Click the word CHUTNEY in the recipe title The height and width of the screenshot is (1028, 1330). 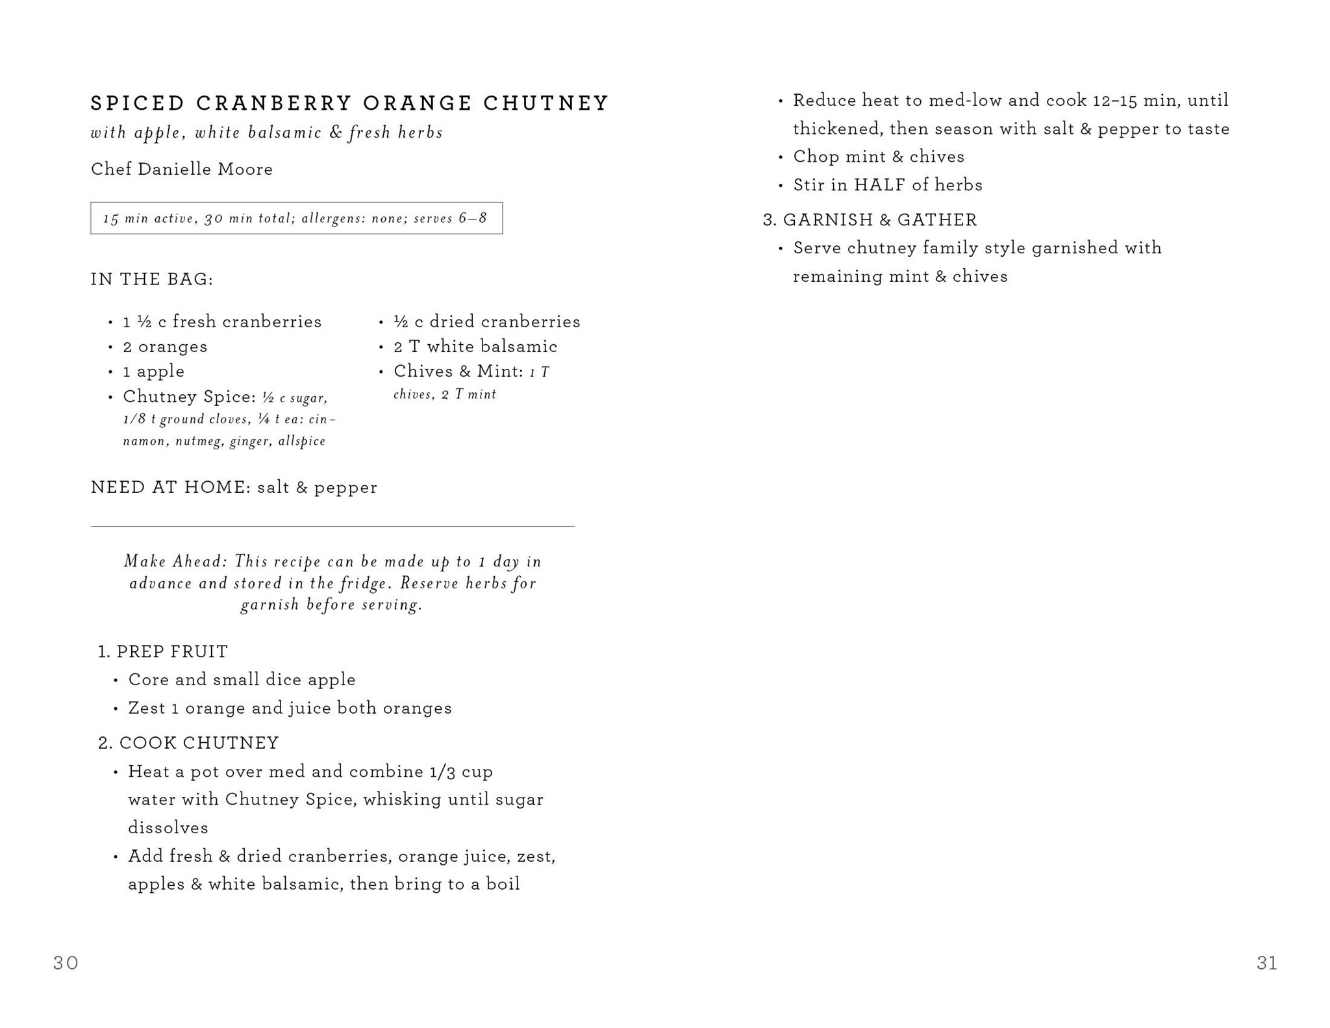(546, 103)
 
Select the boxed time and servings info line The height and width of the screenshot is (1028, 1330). (296, 218)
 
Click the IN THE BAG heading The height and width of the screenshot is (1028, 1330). (152, 279)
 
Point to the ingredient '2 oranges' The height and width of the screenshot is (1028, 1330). (165, 347)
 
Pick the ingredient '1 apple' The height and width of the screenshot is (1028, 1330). (153, 371)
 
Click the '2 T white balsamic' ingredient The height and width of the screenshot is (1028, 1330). (475, 347)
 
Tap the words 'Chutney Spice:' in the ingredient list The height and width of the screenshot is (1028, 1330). (189, 397)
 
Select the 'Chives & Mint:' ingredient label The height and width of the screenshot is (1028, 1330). (458, 371)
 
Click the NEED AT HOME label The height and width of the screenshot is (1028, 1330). (170, 488)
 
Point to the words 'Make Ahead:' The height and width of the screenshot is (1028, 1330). (175, 561)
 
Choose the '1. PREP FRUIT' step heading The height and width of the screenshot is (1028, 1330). (163, 651)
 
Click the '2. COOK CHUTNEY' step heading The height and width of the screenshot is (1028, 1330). (188, 743)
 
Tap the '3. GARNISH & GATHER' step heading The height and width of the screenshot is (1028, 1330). (870, 220)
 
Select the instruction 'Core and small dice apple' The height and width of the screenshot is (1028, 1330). (242, 680)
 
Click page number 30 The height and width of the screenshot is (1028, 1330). (66, 962)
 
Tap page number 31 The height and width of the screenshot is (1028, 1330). (1266, 962)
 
